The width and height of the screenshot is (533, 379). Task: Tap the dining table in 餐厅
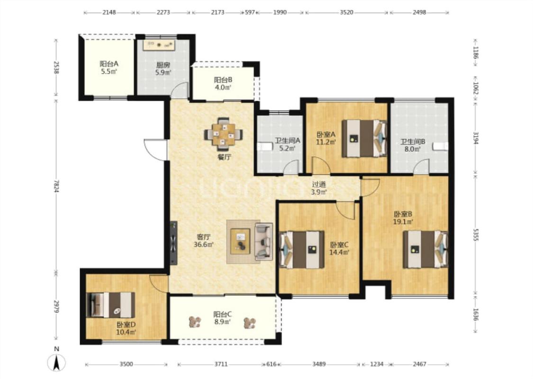[x=223, y=135]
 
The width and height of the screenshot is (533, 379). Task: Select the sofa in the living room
[x=264, y=242]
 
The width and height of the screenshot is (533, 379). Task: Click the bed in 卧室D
[x=111, y=305]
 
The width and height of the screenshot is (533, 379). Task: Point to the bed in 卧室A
[x=364, y=138]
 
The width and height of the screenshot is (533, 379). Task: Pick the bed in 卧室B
[x=425, y=250]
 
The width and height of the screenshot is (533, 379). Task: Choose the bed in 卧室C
[x=301, y=250]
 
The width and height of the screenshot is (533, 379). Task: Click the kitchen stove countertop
[x=159, y=45]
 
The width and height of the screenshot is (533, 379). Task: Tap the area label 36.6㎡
[x=204, y=244]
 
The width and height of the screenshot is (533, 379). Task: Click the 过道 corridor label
[x=319, y=185]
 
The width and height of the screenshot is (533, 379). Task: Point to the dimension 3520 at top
[x=346, y=12]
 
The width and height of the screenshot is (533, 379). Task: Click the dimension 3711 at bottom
[x=221, y=364]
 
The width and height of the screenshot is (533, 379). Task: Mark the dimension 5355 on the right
[x=476, y=234]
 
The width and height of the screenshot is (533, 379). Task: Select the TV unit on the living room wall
[x=174, y=243]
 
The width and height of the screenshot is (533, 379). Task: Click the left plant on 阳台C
[x=195, y=322]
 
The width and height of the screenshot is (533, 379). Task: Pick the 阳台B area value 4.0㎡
[x=223, y=88]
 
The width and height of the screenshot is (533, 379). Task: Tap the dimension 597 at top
[x=250, y=12]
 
